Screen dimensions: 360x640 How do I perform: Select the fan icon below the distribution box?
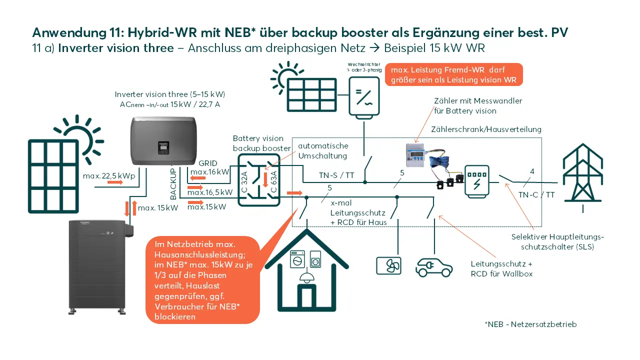point(388,265)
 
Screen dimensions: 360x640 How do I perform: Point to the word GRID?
point(207,163)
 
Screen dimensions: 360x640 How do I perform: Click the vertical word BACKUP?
point(173,184)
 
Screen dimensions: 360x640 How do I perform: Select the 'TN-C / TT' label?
point(536,194)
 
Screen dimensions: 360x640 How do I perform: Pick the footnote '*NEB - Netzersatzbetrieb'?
point(530,324)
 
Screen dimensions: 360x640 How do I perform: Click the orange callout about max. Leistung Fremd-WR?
point(454,74)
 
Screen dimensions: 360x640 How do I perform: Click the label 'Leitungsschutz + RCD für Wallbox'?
point(501,268)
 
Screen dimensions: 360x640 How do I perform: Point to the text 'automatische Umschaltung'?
point(323,151)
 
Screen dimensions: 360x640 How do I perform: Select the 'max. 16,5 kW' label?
point(210,192)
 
